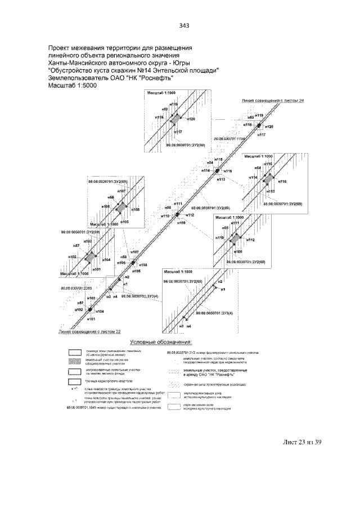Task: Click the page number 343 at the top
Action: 183,25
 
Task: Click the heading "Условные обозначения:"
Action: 161,341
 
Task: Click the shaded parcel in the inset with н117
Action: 176,119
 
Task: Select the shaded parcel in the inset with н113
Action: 268,178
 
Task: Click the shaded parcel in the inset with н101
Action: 90,257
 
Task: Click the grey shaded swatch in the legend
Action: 74,362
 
